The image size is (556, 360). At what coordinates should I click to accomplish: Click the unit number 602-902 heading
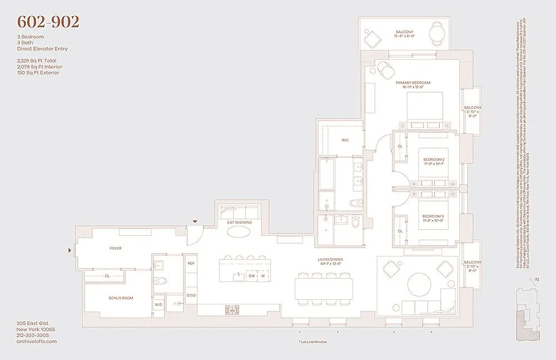pyautogui.click(x=48, y=22)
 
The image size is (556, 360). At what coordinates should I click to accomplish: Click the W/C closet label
pyautogui.click(x=345, y=140)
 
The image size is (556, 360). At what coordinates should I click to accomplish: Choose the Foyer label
pyautogui.click(x=115, y=248)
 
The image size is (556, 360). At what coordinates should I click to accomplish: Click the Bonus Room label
pyautogui.click(x=121, y=298)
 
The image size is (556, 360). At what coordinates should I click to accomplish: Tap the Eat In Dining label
pyautogui.click(x=239, y=223)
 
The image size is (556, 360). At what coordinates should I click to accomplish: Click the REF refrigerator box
pyautogui.click(x=191, y=263)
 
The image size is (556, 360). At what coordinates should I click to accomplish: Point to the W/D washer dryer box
pyautogui.click(x=158, y=304)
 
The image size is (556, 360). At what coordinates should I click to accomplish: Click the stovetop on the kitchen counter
pyautogui.click(x=231, y=309)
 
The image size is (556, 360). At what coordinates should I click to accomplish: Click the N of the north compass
pyautogui.click(x=538, y=280)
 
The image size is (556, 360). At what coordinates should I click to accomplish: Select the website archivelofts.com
pyautogui.click(x=37, y=341)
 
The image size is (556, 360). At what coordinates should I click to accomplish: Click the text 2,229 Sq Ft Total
pyautogui.click(x=37, y=60)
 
